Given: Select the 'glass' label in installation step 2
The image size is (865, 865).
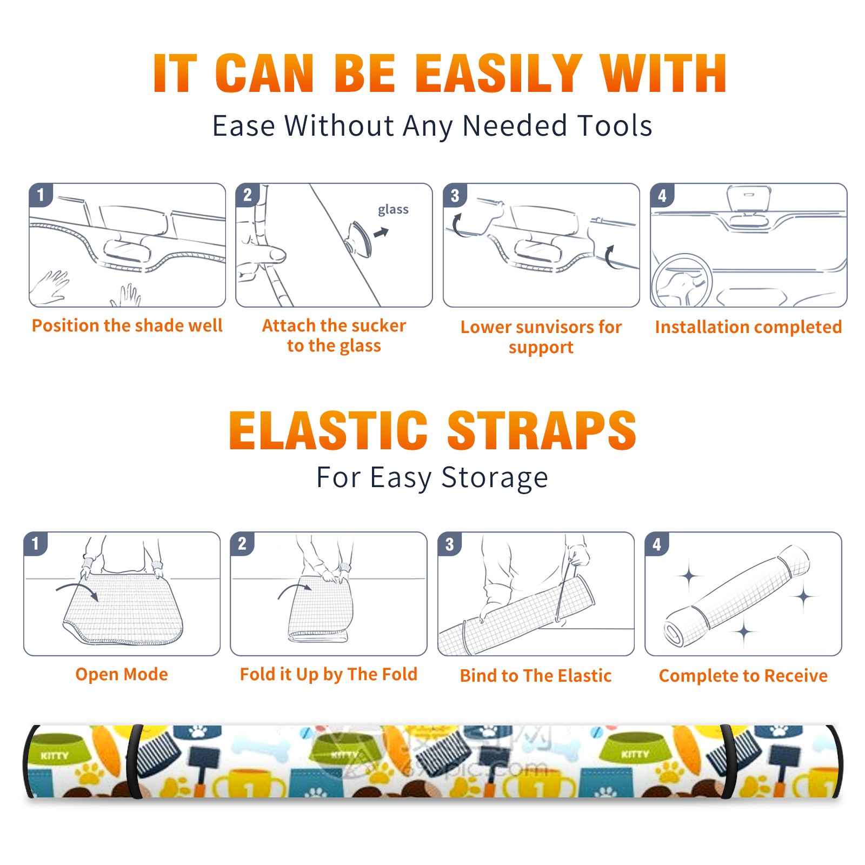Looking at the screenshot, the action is [x=393, y=209].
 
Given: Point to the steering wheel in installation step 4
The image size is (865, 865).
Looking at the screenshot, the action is [x=682, y=281].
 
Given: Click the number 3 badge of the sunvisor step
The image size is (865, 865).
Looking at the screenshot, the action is [x=455, y=195].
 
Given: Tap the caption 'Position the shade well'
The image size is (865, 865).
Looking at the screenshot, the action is [x=127, y=325].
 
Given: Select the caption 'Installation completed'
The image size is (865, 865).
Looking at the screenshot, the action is [x=748, y=327].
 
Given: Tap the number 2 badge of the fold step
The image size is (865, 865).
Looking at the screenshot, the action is [x=242, y=543].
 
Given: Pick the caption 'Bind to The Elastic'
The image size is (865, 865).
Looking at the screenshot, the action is [x=535, y=675].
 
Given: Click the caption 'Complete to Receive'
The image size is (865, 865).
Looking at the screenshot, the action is [x=743, y=675].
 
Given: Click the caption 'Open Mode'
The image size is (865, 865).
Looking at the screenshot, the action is [x=122, y=674].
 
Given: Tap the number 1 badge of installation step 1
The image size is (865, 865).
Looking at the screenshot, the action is [x=41, y=195].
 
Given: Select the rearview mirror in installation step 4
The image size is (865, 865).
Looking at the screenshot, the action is [x=749, y=199].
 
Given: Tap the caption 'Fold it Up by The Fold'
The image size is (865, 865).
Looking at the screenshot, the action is [x=329, y=674].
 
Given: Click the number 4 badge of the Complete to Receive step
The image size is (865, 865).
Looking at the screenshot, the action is [x=657, y=543].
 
